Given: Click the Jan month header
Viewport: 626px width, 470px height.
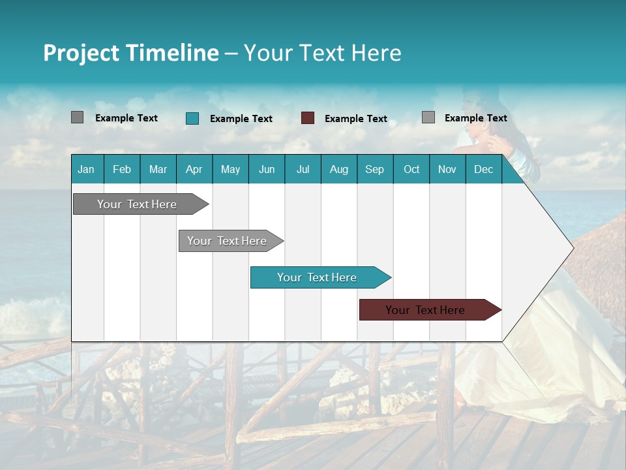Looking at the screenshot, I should point(86,169).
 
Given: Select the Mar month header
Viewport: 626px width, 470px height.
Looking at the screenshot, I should point(158,169).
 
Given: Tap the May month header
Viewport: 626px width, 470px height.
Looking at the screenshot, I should point(230,169).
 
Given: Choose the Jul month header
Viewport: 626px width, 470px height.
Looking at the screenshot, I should point(303,169).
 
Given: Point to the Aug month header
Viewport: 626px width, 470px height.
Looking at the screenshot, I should point(338,169).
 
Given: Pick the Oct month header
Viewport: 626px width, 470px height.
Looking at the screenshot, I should point(411,169).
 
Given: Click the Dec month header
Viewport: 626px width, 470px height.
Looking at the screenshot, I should point(483,169).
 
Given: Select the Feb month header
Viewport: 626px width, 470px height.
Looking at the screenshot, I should point(122,169).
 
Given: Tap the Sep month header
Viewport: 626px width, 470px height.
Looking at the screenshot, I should point(374,169).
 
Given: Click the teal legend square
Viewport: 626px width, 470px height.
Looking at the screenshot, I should point(192,118).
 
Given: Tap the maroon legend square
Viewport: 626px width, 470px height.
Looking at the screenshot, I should point(308,118).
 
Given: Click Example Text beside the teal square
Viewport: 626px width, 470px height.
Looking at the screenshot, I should point(241,119).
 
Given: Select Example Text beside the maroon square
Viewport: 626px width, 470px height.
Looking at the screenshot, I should point(355,119).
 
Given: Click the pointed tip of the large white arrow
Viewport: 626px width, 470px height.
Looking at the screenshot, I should point(572,248).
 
